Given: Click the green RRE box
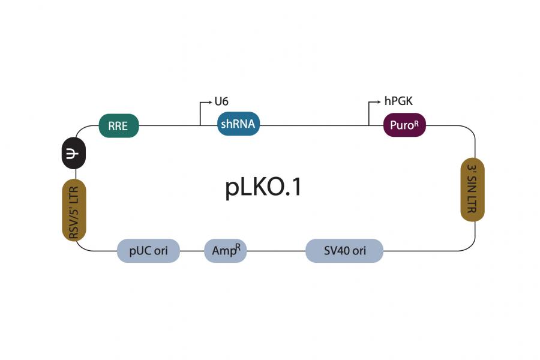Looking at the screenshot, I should point(119,126).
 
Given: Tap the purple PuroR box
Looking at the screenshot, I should point(404,125).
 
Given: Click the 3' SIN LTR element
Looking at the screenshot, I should point(472,190).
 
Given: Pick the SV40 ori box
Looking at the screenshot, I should point(344,251).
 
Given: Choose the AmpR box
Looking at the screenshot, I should point(225,251).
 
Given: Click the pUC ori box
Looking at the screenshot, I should point(148,251).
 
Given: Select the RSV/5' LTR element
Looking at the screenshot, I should point(75,210).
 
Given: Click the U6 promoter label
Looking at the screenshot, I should point(222,101).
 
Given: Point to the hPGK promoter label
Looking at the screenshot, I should point(398,101).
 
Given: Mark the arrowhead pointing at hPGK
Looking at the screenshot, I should point(379,102).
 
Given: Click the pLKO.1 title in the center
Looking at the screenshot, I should point(263,188).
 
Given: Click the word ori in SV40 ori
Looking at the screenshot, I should point(359,251).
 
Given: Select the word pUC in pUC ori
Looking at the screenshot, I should point(140,251).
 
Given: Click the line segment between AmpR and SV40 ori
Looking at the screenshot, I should point(276,251).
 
